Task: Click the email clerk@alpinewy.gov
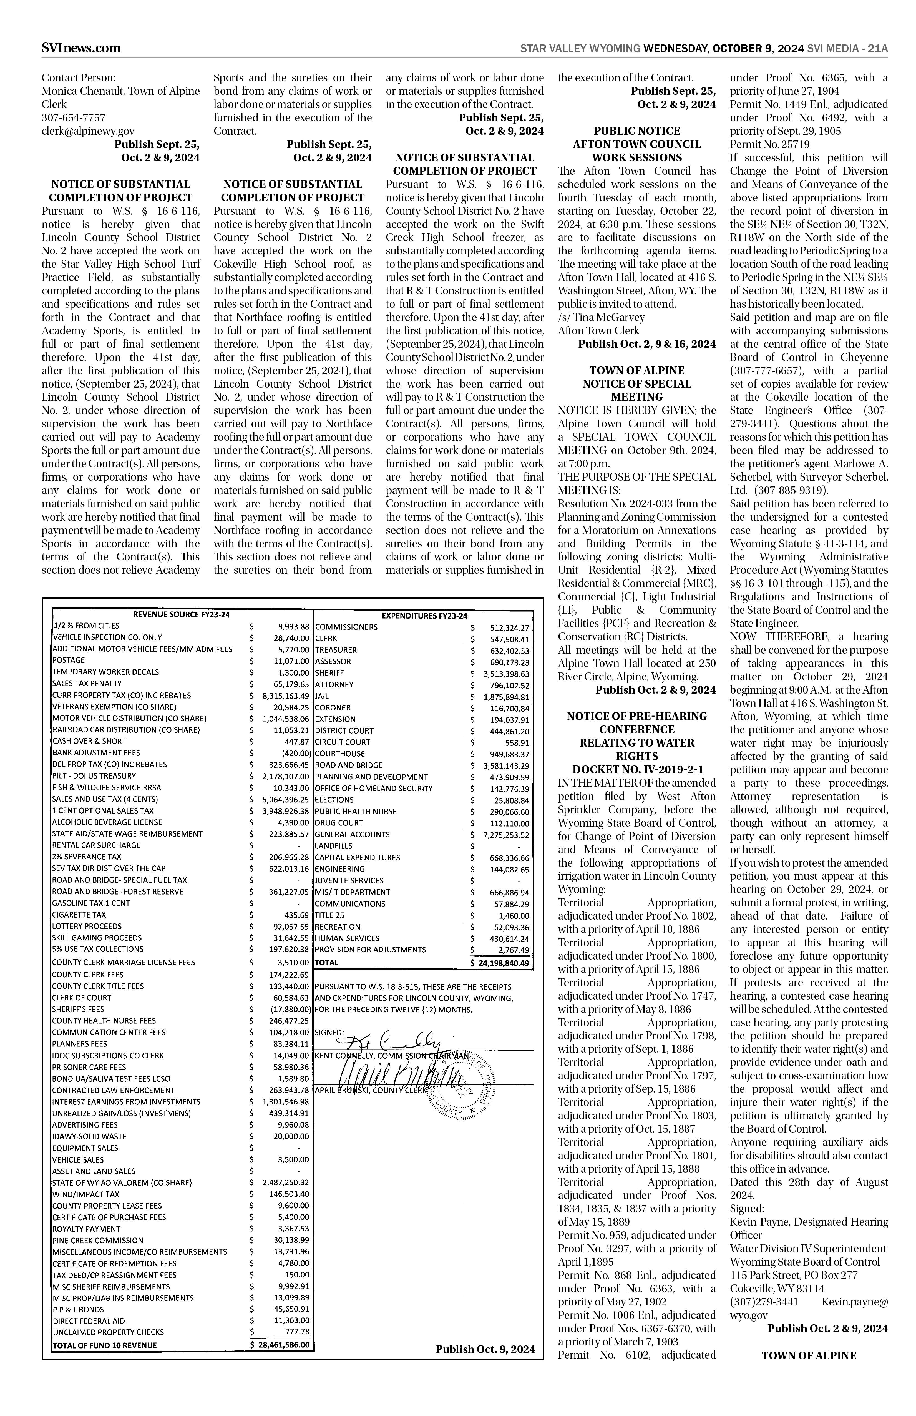point(88,131)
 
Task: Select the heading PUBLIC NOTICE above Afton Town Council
point(636,131)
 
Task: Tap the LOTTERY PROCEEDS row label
point(87,926)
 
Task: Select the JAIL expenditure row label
point(322,696)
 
